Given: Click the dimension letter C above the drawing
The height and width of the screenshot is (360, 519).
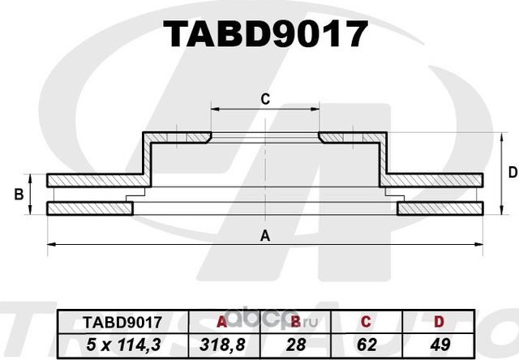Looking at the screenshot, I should [x=264, y=100].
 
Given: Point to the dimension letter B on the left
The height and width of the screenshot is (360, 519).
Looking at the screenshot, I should [x=19, y=195].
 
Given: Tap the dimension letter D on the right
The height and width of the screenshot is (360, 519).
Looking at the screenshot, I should [x=511, y=172].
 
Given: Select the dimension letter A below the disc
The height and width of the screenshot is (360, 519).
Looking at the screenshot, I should [x=264, y=236].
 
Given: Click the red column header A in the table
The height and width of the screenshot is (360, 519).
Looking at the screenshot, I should [x=221, y=320].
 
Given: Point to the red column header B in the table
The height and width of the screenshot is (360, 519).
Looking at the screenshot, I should [x=296, y=320].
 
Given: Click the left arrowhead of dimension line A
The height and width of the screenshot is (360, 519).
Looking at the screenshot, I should [x=50, y=243].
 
